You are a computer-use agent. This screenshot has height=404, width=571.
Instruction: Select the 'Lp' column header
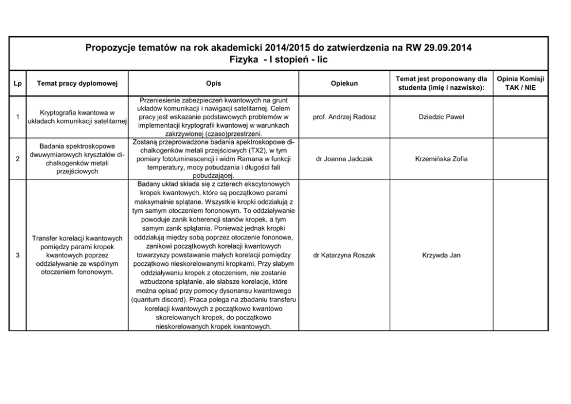18,83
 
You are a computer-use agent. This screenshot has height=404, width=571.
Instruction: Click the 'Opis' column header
213,83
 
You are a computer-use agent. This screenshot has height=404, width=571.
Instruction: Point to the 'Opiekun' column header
344,83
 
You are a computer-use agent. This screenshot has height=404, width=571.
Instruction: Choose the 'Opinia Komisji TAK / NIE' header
520,83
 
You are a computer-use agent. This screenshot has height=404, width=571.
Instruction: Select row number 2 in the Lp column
18,159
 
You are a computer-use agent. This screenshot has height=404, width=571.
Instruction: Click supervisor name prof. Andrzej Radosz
344,117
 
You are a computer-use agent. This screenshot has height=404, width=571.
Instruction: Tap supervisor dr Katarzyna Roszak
344,255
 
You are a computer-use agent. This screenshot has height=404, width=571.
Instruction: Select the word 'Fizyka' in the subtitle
243,59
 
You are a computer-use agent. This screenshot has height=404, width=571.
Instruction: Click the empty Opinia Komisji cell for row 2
520,159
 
